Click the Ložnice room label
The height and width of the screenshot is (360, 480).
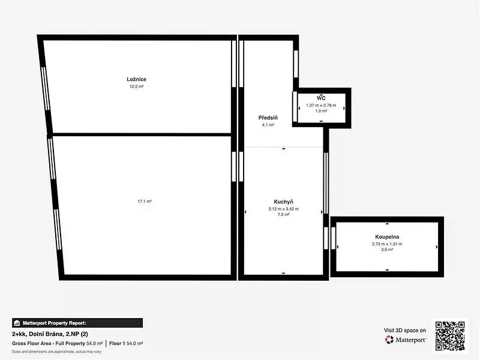(137, 79)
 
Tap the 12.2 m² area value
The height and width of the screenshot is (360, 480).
(137, 86)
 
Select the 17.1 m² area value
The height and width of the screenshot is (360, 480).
(145, 202)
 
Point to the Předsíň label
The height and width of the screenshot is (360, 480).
(268, 118)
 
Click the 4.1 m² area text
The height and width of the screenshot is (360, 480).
(268, 125)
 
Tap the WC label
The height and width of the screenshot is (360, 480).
(321, 98)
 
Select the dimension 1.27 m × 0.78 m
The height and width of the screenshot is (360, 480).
(321, 106)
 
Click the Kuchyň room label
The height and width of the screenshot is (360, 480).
(283, 202)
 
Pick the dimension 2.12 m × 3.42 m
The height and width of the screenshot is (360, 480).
(283, 209)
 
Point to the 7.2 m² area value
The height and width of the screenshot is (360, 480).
(283, 215)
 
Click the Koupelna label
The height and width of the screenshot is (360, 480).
(387, 236)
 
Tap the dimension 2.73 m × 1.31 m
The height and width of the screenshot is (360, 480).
(387, 244)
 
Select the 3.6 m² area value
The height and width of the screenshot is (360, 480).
(387, 250)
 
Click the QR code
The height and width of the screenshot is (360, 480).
(450, 336)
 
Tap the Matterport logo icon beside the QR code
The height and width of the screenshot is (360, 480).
(389, 340)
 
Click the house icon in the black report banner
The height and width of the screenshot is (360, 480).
(17, 323)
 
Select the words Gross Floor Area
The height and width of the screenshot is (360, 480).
(32, 343)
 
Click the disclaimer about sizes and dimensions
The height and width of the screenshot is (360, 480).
(56, 352)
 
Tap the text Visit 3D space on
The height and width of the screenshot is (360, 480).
(404, 331)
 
